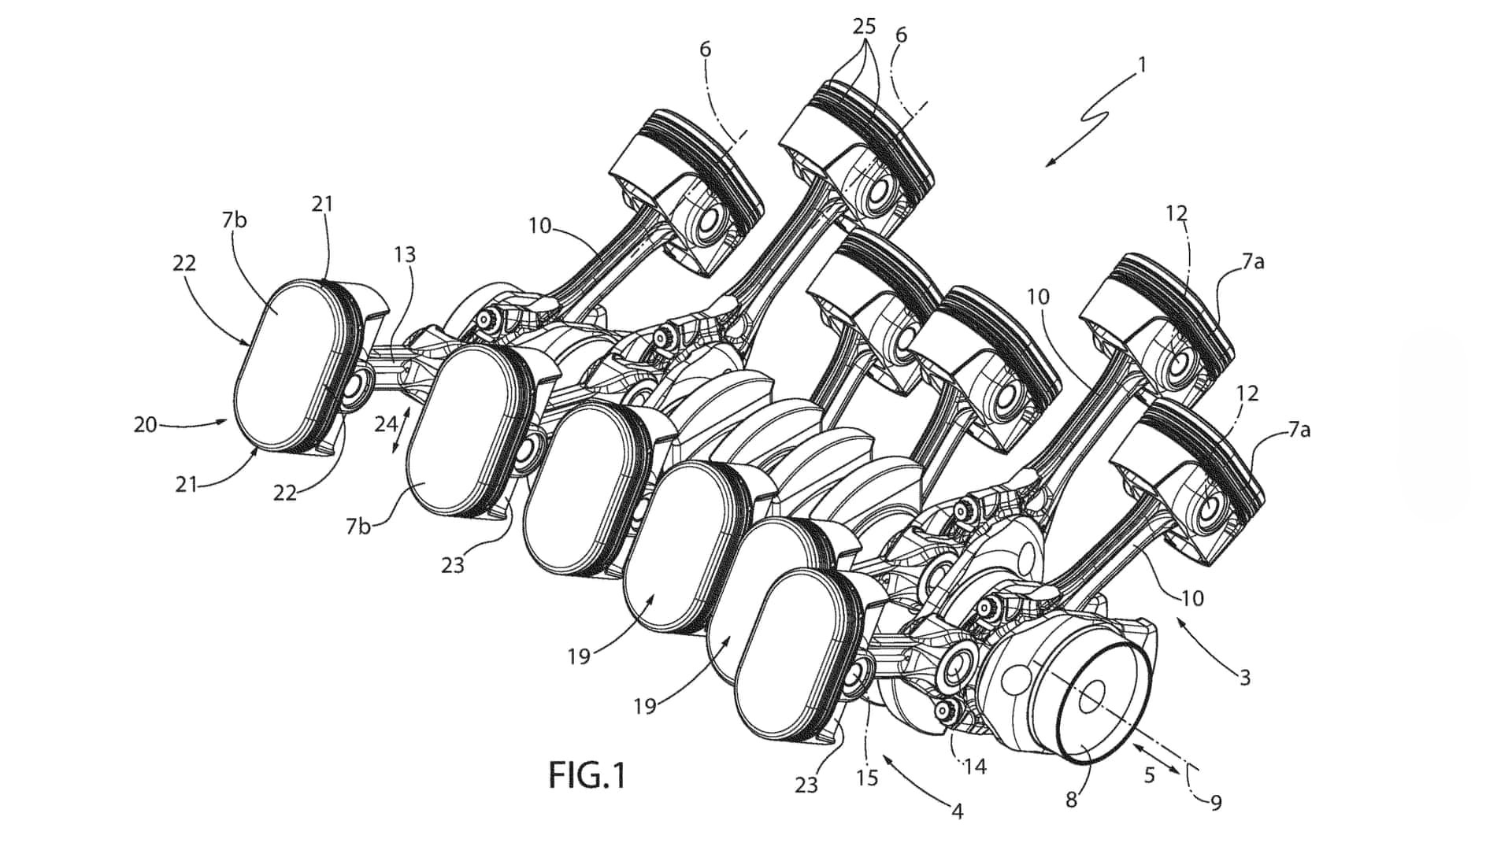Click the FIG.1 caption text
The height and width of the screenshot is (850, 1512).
[x=587, y=775]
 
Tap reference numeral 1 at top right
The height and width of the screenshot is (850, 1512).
[x=1142, y=65]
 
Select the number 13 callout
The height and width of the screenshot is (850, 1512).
[x=406, y=255]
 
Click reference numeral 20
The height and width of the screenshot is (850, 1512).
[x=146, y=426]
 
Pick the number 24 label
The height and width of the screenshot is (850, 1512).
[x=386, y=424]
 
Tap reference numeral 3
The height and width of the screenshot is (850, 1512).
[x=1244, y=678]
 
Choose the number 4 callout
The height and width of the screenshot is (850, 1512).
[x=958, y=811]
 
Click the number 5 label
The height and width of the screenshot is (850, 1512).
[x=1149, y=775]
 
